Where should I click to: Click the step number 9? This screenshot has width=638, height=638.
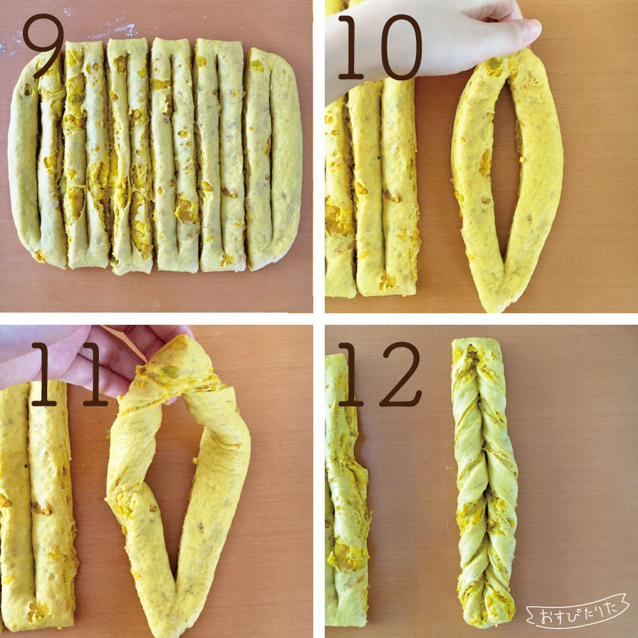[43, 45]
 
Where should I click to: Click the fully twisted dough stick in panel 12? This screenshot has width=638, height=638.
[484, 482]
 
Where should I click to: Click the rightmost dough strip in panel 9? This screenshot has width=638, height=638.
[272, 159]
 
